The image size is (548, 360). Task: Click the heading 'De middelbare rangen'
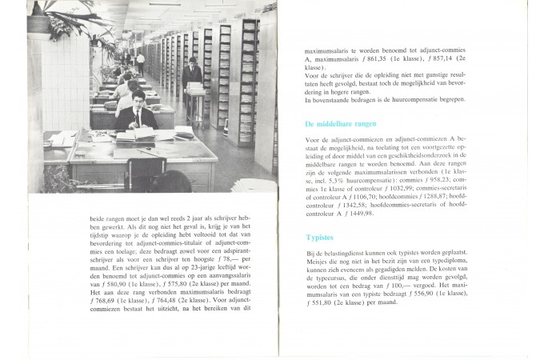point(341,124)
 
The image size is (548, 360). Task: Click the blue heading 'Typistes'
point(320,238)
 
